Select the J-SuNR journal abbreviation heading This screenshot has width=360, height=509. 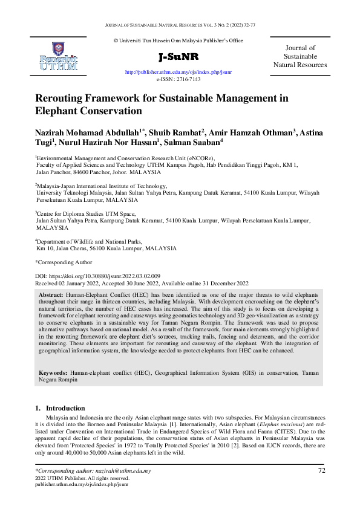[178, 57]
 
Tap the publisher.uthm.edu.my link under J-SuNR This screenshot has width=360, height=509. [178, 72]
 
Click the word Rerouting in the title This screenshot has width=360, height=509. [63, 99]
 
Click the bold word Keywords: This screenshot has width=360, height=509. [53, 374]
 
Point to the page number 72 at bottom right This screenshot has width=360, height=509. [321, 470]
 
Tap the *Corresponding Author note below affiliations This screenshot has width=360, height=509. [64, 262]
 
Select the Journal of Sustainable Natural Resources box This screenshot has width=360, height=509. [299, 56]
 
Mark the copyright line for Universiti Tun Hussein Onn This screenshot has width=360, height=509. [178, 41]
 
